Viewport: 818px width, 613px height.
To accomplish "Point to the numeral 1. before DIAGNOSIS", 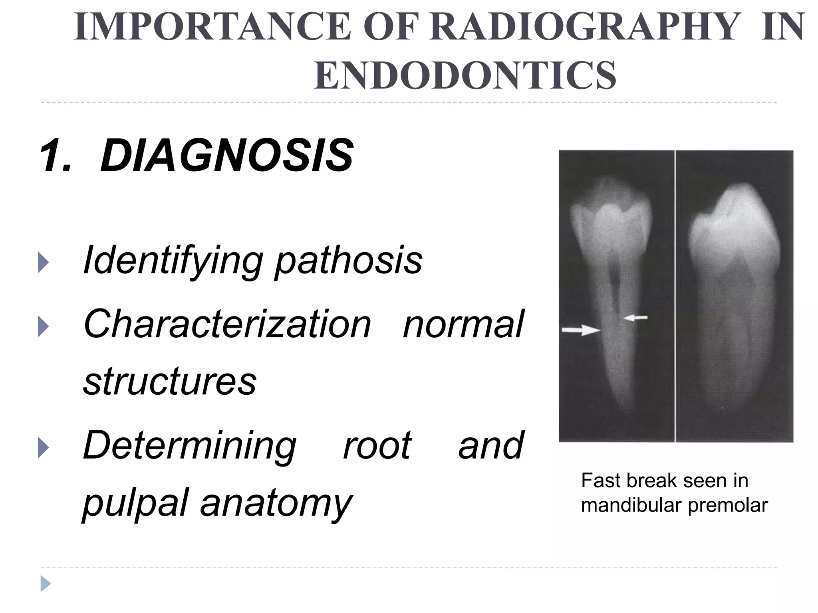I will (56, 156).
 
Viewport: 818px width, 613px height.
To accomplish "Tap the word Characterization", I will (227, 324).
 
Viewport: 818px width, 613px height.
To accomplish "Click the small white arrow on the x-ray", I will (636, 318).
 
